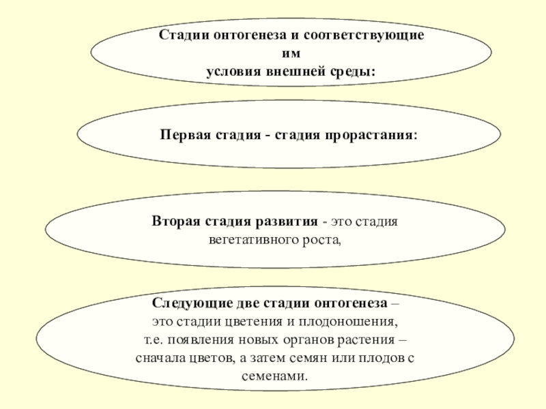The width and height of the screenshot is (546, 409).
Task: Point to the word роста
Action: point(322,241)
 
